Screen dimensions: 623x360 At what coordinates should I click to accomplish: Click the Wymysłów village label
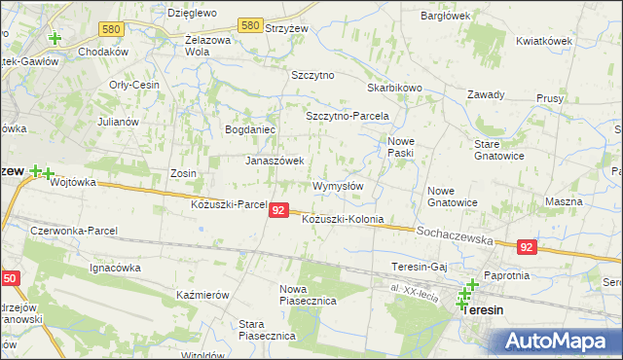tap(338, 186)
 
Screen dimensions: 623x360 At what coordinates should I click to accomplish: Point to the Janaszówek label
tap(275, 161)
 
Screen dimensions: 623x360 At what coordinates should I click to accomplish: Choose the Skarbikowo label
tap(396, 88)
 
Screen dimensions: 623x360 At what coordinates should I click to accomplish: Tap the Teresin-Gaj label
tap(419, 267)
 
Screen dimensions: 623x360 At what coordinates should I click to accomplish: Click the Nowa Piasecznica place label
tap(308, 295)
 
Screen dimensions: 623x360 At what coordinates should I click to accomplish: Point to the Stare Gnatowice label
tap(499, 150)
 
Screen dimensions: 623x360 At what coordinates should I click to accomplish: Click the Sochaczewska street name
tap(455, 234)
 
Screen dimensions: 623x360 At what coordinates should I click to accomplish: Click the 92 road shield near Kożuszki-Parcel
tap(279, 210)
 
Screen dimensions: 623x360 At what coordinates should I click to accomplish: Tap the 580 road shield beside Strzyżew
tap(250, 25)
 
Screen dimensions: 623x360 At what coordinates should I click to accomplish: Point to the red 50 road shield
tap(9, 278)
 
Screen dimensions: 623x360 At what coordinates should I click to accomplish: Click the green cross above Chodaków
tap(55, 39)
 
